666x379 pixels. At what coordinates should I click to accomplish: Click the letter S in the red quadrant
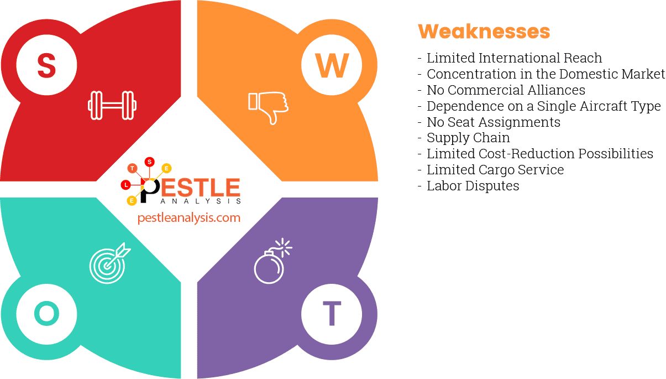[46, 65]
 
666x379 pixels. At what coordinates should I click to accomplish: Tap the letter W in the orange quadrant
[332, 65]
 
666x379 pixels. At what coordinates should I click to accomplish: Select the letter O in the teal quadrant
[46, 314]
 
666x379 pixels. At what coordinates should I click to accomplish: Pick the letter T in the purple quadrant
[332, 314]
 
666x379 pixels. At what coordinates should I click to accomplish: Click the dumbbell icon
[112, 105]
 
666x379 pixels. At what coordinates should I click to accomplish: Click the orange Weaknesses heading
[484, 32]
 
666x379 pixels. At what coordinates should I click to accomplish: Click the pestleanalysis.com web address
[189, 217]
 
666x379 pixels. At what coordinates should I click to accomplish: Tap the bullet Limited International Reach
[514, 58]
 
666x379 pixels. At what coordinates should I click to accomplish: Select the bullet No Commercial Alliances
[506, 90]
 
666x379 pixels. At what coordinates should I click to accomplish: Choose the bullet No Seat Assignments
[493, 122]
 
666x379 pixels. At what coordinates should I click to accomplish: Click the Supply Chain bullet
[468, 138]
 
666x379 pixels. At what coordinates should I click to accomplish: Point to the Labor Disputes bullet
[473, 186]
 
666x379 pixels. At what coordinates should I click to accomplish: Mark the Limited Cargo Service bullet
[495, 170]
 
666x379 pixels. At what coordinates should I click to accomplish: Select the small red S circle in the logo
[149, 162]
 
